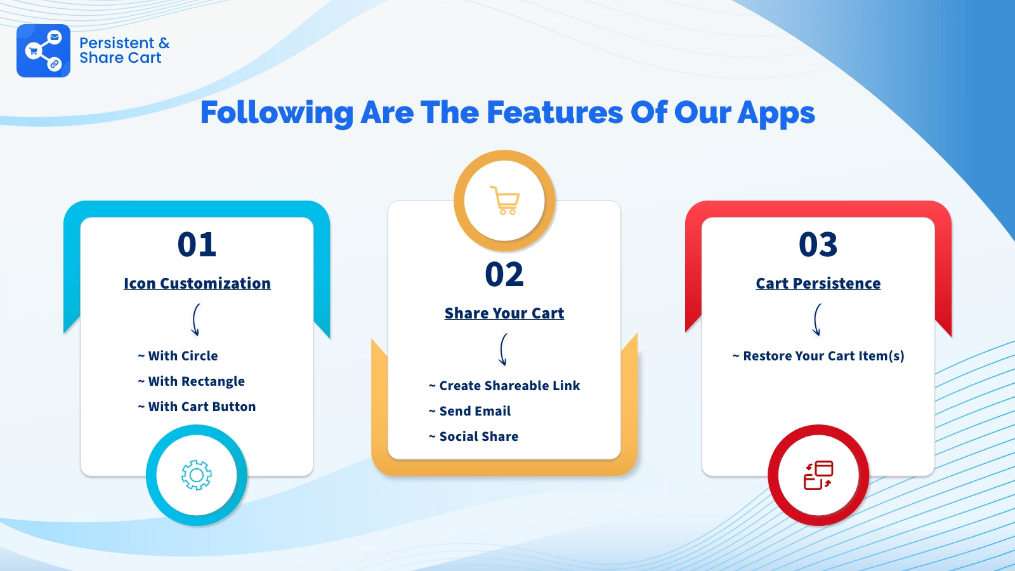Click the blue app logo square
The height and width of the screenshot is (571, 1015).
(44, 51)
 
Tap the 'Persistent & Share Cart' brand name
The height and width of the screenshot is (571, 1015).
(124, 50)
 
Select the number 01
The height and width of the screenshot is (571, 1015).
(197, 244)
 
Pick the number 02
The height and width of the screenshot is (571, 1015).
(504, 274)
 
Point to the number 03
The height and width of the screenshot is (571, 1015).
(818, 244)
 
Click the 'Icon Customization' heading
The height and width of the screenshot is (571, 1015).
(197, 283)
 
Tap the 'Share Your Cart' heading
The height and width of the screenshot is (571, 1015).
(504, 313)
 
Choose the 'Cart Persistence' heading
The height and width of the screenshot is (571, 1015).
(818, 283)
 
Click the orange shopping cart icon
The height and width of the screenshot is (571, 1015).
(504, 200)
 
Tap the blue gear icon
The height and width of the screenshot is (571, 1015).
(196, 475)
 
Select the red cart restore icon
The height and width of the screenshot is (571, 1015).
(818, 475)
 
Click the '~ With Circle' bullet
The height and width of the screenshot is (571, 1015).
(178, 356)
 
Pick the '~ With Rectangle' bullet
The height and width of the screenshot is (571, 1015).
(191, 381)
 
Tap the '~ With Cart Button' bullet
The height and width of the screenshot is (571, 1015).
(197, 407)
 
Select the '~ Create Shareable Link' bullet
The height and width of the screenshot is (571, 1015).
(504, 386)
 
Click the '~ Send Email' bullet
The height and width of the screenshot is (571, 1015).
(469, 411)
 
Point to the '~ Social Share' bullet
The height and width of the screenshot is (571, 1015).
(473, 436)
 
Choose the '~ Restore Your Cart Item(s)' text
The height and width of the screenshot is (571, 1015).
(818, 356)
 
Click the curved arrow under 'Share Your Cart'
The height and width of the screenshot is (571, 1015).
(501, 350)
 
